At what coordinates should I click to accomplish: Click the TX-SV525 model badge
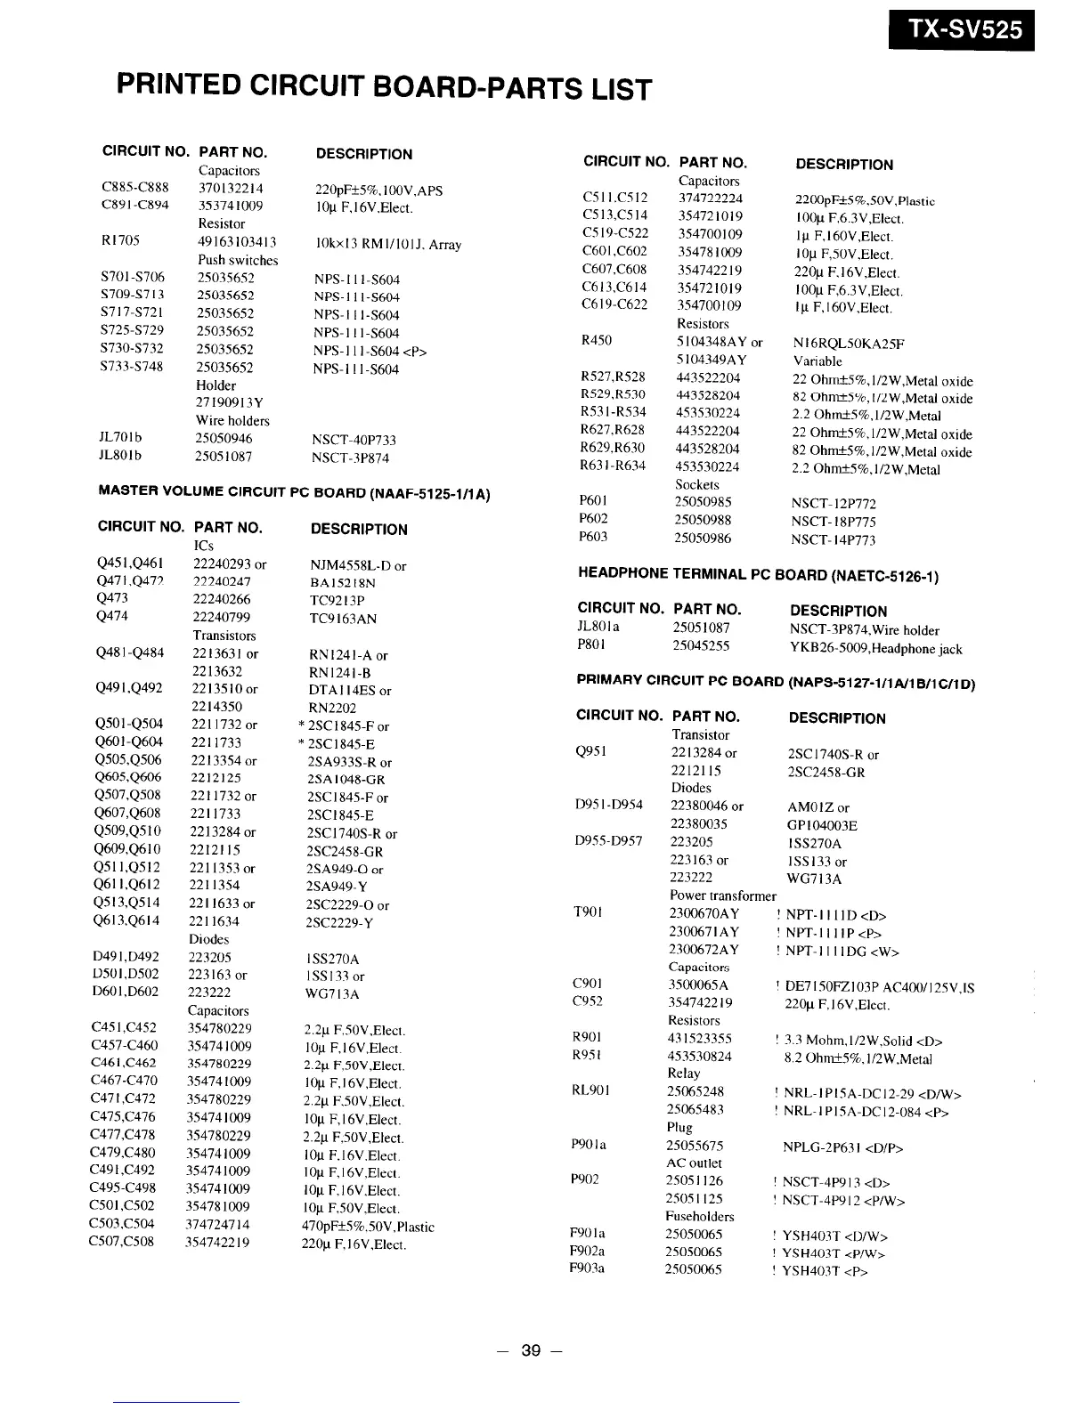[961, 31]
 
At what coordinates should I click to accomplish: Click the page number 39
[531, 1349]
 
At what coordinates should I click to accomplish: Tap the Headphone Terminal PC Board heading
[758, 574]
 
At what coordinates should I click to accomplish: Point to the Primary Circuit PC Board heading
[776, 682]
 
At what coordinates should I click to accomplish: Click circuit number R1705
[120, 239]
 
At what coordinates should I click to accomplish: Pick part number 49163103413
[237, 241]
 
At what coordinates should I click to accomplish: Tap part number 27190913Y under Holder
[230, 402]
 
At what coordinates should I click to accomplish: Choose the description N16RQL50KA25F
[848, 343]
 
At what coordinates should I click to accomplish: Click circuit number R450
[596, 340]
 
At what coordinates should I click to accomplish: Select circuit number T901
[590, 912]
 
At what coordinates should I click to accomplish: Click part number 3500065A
[698, 985]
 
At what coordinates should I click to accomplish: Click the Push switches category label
[238, 260]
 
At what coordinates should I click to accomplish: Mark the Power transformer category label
[722, 895]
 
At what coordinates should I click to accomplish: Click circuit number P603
[593, 537]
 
